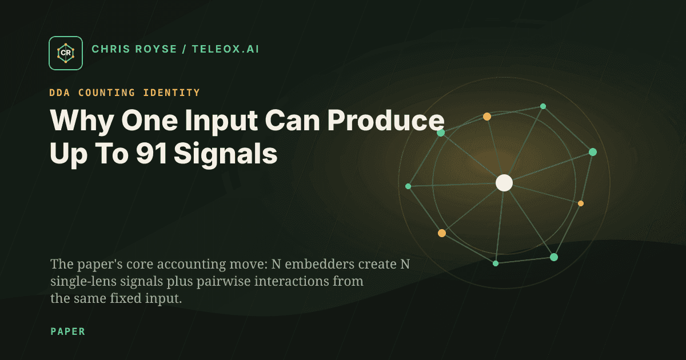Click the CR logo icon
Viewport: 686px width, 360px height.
click(66, 53)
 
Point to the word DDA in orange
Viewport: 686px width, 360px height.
click(62, 93)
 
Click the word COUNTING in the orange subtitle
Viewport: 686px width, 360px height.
click(113, 93)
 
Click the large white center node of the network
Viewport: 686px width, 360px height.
click(504, 183)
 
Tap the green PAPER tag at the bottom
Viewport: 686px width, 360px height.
click(67, 331)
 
